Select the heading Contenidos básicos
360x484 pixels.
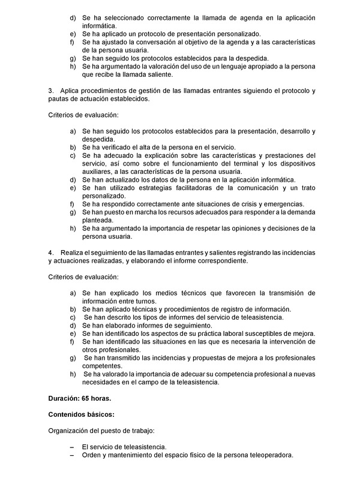click(x=81, y=414)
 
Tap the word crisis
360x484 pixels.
click(x=227, y=204)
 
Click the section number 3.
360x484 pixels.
click(x=50, y=91)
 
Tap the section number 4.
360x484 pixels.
click(x=50, y=252)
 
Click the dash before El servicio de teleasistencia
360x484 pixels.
click(x=72, y=447)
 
